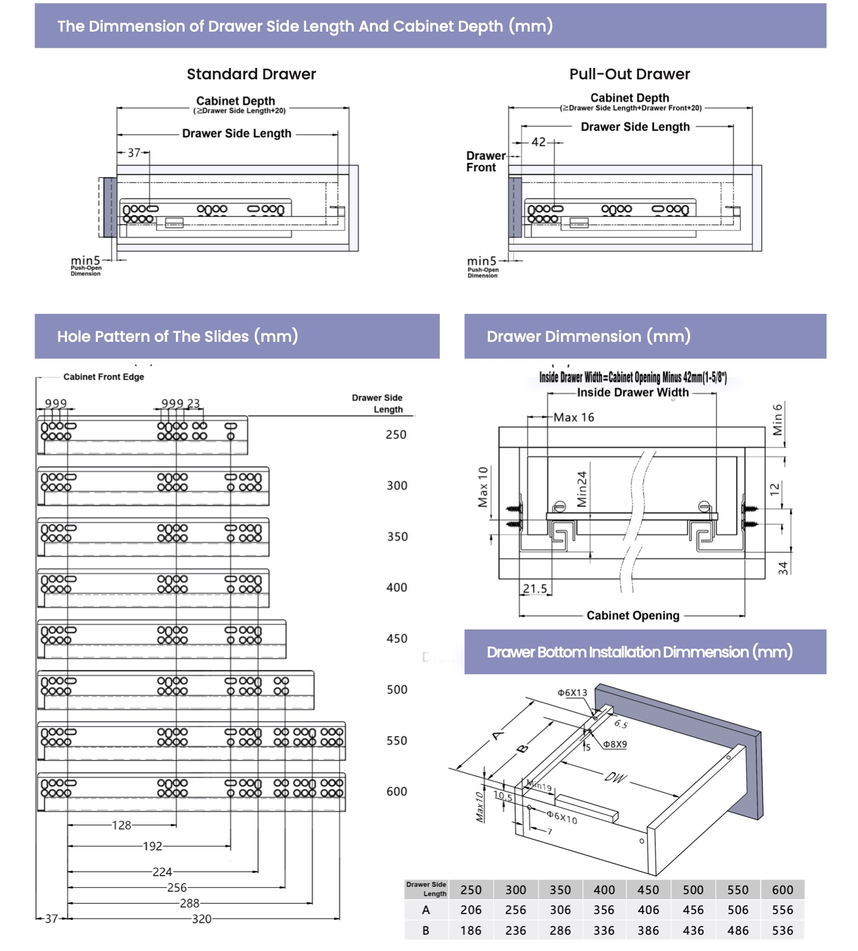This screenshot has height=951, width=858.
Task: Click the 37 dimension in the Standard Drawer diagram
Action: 134,153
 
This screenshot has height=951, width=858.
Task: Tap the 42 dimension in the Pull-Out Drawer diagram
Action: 538,142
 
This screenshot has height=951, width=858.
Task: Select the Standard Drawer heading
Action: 251,74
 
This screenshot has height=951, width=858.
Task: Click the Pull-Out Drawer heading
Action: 629,74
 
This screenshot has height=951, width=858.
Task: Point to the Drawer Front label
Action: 485,162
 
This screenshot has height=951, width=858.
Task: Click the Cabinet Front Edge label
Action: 104,377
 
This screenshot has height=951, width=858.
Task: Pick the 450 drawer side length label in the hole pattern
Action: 397,638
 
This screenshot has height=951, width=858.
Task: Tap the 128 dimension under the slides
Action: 122,825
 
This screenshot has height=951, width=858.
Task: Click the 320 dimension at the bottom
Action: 202,919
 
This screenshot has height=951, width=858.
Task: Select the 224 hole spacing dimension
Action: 162,872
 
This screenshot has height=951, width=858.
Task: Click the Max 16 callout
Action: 573,418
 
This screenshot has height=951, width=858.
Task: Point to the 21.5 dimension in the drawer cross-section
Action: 535,589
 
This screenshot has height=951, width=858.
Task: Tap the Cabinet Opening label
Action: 633,615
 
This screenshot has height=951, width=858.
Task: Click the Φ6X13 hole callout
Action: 572,693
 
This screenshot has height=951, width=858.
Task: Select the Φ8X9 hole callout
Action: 615,745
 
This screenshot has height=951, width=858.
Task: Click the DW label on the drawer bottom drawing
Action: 615,777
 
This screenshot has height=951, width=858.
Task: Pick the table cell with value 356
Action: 604,910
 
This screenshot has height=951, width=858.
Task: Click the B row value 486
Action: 738,930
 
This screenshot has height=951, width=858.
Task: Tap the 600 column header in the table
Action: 782,890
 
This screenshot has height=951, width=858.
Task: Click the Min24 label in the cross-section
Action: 582,489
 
